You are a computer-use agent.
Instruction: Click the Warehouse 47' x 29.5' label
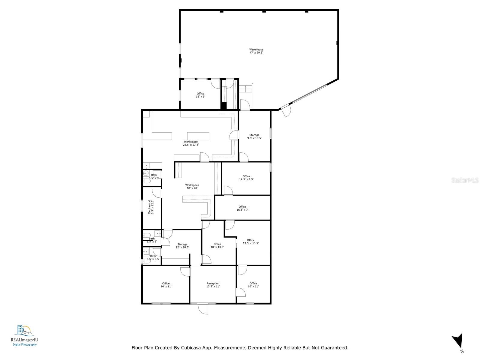256,51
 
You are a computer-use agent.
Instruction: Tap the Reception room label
213,285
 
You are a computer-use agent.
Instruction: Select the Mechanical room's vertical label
151,207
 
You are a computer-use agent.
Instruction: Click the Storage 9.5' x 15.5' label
254,136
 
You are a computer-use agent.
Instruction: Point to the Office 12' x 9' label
200,95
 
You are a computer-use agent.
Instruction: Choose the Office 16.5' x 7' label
242,208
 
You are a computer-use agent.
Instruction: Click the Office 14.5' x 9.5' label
246,178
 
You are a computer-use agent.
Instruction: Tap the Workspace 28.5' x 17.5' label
191,143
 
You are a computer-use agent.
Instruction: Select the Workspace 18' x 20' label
192,187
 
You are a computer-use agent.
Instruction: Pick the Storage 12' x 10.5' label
182,246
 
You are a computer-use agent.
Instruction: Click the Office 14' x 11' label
166,285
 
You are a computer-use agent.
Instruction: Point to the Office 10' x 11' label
253,285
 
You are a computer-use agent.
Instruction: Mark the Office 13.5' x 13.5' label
250,241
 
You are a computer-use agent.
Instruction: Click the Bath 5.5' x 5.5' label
153,257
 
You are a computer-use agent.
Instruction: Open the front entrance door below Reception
203,309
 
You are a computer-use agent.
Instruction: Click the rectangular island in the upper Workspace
198,136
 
